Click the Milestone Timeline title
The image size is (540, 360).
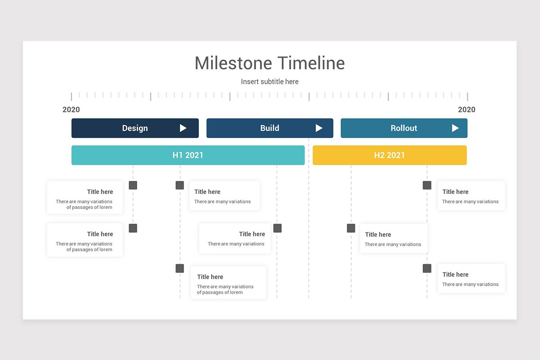[270, 63]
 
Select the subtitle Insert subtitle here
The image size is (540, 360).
[270, 81]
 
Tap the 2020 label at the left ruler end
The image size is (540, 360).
[71, 109]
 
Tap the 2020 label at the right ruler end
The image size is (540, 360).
[467, 109]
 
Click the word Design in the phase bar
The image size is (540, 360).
[135, 128]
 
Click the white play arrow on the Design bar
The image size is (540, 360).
[183, 128]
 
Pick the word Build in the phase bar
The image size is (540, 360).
[270, 128]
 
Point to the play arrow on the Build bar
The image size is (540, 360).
[319, 128]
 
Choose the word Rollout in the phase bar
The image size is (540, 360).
[404, 128]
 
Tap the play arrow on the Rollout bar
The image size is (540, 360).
[455, 128]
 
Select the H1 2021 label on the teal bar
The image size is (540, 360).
[188, 155]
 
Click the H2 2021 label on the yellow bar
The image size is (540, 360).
[389, 155]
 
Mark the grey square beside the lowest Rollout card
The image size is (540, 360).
[427, 268]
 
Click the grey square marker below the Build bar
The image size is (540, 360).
[278, 228]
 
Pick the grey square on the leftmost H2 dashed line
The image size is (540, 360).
[351, 228]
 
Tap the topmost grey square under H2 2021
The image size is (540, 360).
[427, 185]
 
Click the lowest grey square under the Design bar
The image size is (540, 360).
[180, 268]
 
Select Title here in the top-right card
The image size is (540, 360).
[455, 192]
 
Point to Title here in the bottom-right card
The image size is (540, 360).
[455, 274]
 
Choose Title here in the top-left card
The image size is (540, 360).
[100, 192]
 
